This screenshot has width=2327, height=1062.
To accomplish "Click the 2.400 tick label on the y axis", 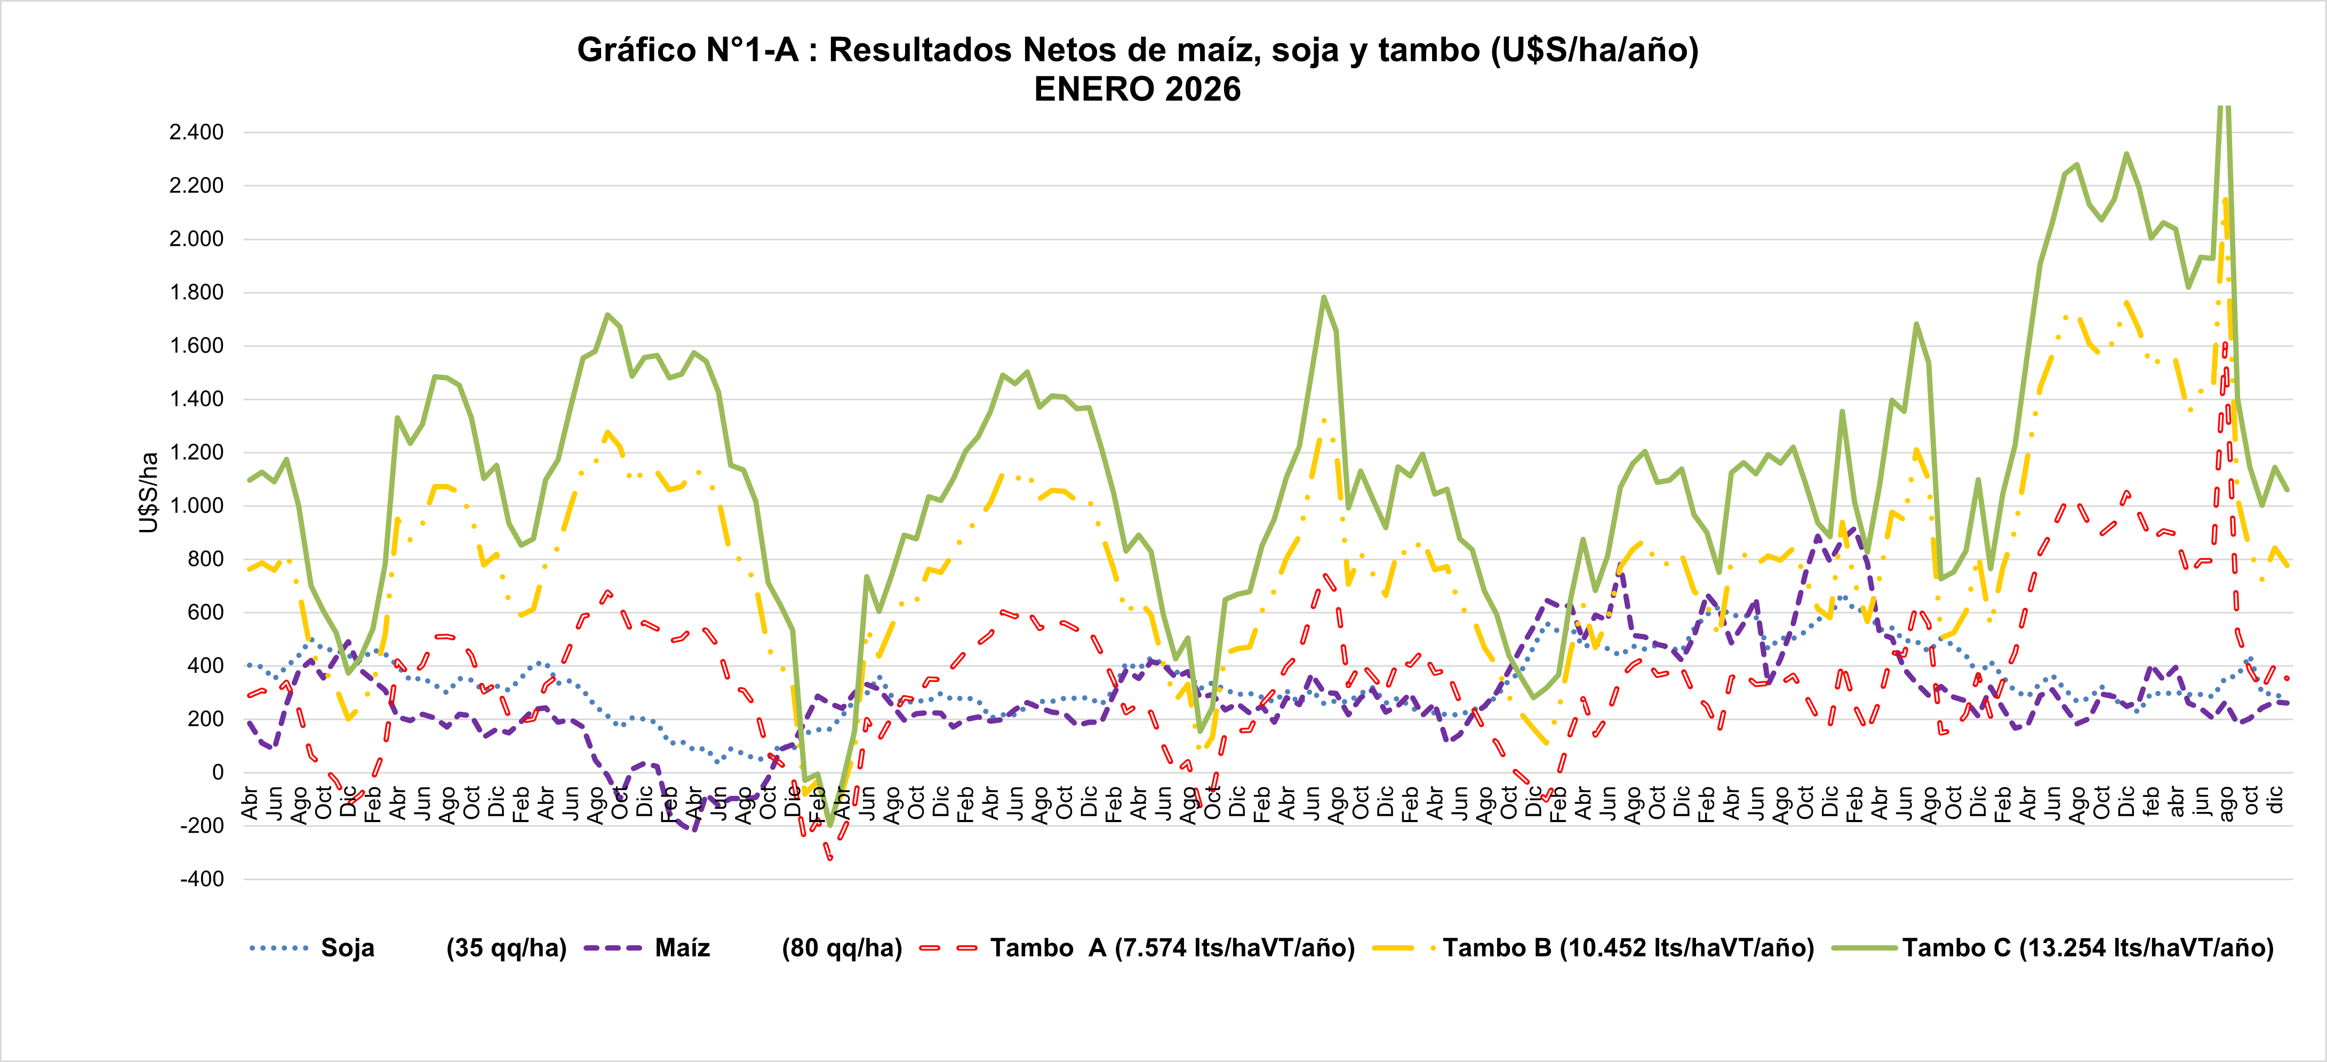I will [196, 133].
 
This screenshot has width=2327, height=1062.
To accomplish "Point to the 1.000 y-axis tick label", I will [196, 506].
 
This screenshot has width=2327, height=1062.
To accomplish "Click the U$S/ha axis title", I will [149, 492].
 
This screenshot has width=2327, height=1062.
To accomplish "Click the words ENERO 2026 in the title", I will [1137, 90].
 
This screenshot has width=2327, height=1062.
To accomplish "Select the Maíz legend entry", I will [682, 948].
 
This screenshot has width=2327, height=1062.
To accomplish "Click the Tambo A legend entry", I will [1172, 948].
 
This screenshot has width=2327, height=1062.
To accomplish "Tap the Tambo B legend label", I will [1628, 948].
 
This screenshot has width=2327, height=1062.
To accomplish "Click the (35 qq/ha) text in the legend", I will [506, 948].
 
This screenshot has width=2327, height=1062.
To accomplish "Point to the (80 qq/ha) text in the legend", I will [842, 948].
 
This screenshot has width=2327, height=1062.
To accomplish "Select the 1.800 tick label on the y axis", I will [196, 293].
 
